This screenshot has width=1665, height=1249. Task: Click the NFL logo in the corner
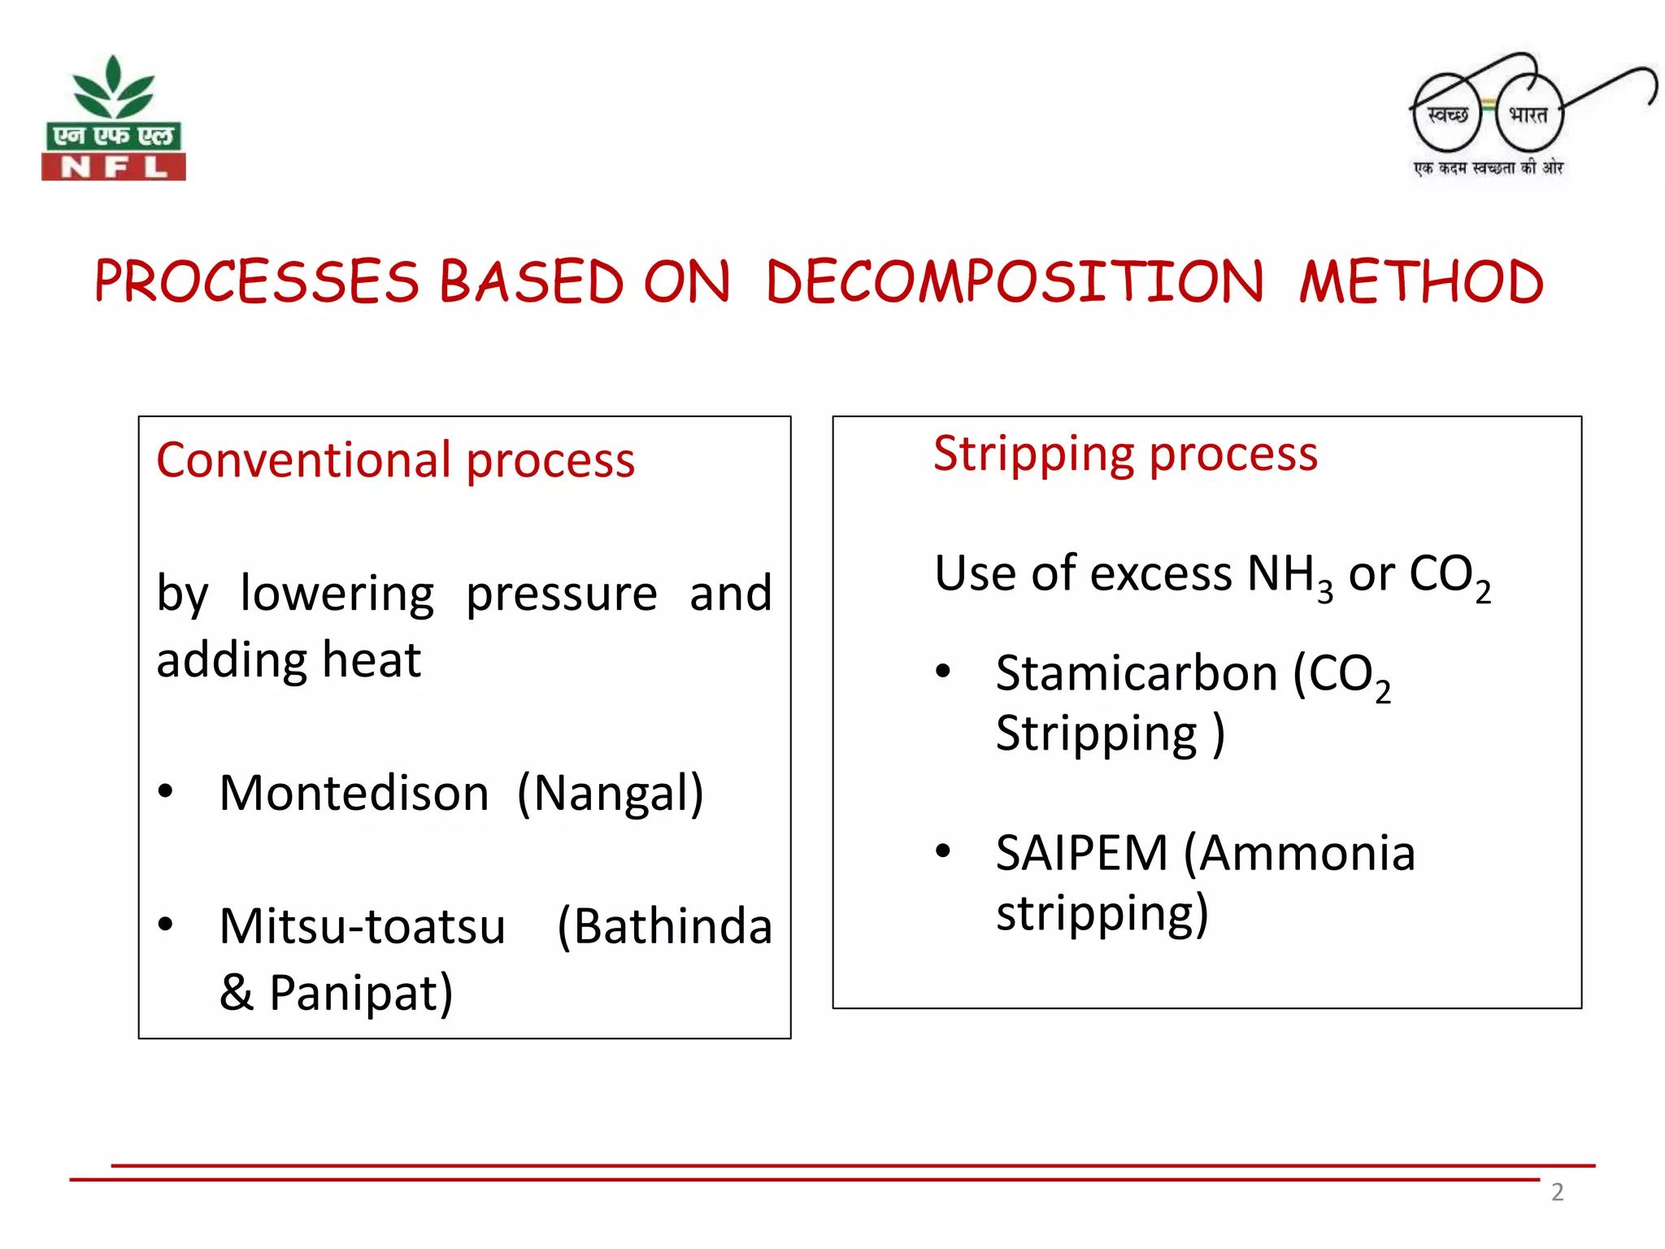coord(114,119)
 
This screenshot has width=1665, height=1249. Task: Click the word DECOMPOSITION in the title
coord(1015,283)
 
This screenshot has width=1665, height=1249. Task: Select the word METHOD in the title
coord(1420,283)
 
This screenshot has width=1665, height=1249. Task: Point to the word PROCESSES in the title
coord(257,283)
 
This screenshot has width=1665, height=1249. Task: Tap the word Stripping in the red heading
coord(1034,454)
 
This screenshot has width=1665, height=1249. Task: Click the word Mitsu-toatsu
coord(363,926)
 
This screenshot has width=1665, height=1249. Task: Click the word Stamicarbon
coord(1137,674)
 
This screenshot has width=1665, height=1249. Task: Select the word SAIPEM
coord(1081,854)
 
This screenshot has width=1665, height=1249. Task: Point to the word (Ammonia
coord(1299,854)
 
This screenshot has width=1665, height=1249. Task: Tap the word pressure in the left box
coord(561,594)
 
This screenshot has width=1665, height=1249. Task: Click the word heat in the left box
coord(372,659)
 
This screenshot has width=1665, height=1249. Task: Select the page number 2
coord(1557,1192)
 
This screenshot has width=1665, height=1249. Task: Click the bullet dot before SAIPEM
coord(943,851)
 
